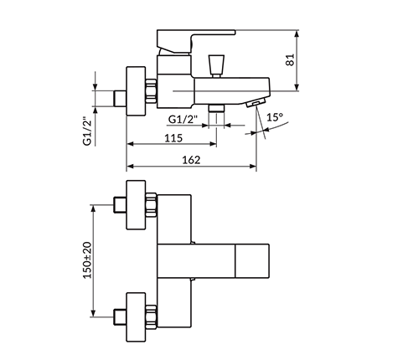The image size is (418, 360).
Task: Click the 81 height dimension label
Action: [x=291, y=59]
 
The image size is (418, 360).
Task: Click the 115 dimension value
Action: [x=173, y=138]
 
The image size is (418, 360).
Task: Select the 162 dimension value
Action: [x=191, y=160]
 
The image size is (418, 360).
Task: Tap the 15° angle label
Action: [x=275, y=117]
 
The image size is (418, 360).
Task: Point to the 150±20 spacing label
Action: [x=87, y=260]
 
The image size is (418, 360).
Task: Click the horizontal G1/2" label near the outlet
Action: [x=183, y=120]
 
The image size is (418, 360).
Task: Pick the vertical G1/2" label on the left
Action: [x=87, y=131]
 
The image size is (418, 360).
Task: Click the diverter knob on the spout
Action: [x=216, y=66]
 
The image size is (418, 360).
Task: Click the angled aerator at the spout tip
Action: [x=256, y=102]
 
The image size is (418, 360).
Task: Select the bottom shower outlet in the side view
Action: [x=216, y=108]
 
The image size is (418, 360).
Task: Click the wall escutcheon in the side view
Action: [x=136, y=91]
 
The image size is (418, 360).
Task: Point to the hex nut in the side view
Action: [x=151, y=91]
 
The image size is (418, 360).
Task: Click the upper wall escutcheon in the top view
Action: [x=136, y=205]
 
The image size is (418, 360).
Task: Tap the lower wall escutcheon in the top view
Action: [x=136, y=317]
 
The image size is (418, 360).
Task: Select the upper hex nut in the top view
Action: [x=151, y=205]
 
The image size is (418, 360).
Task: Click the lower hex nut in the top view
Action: [x=151, y=317]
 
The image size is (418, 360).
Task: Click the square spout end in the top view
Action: [x=252, y=261]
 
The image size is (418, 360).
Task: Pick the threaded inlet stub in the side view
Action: [x=120, y=98]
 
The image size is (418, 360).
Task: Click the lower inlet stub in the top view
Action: [x=120, y=317]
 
